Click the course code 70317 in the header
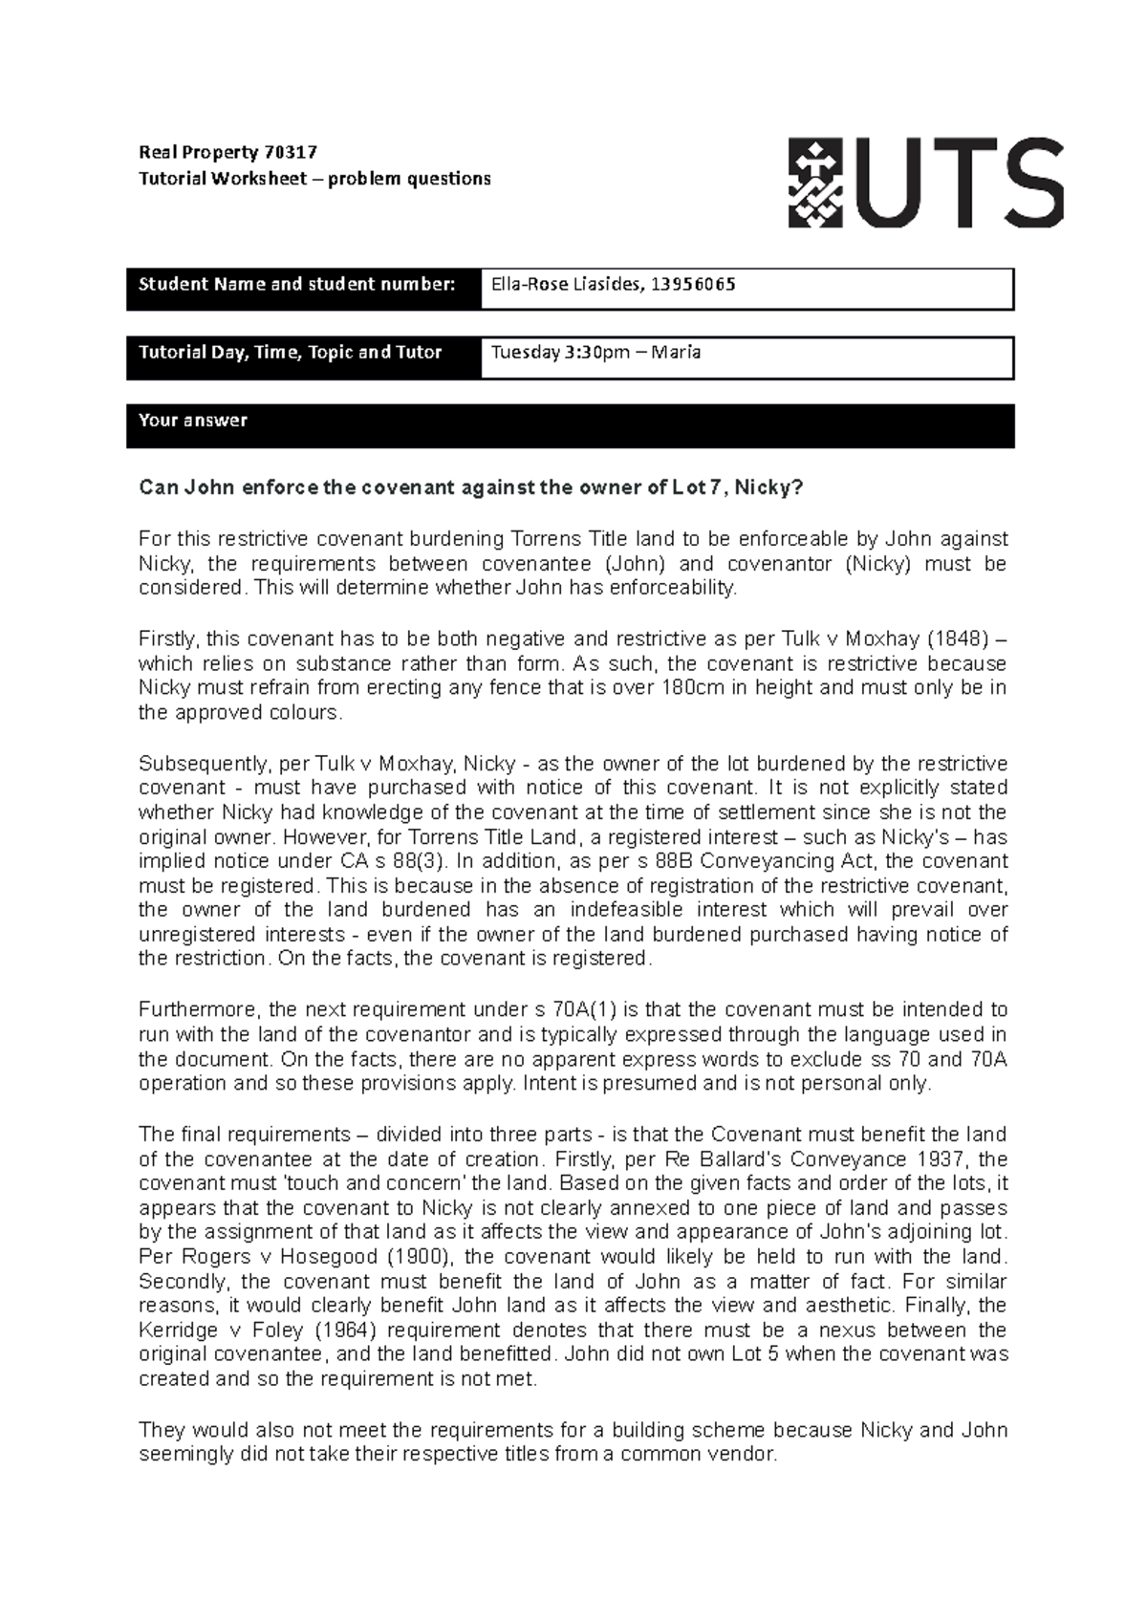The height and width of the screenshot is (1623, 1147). click(x=290, y=152)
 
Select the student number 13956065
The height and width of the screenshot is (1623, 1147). click(x=693, y=284)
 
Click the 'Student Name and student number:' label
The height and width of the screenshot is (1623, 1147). click(x=296, y=284)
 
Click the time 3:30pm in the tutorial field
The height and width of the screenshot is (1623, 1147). click(x=597, y=352)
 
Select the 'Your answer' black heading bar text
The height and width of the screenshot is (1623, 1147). click(x=193, y=421)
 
